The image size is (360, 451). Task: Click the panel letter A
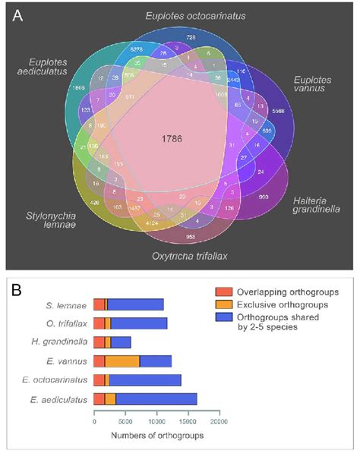tap(17, 16)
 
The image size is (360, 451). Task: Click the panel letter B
tap(14, 289)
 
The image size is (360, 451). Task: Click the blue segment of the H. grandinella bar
tap(121, 342)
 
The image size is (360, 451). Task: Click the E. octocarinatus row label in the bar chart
tap(59, 379)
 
